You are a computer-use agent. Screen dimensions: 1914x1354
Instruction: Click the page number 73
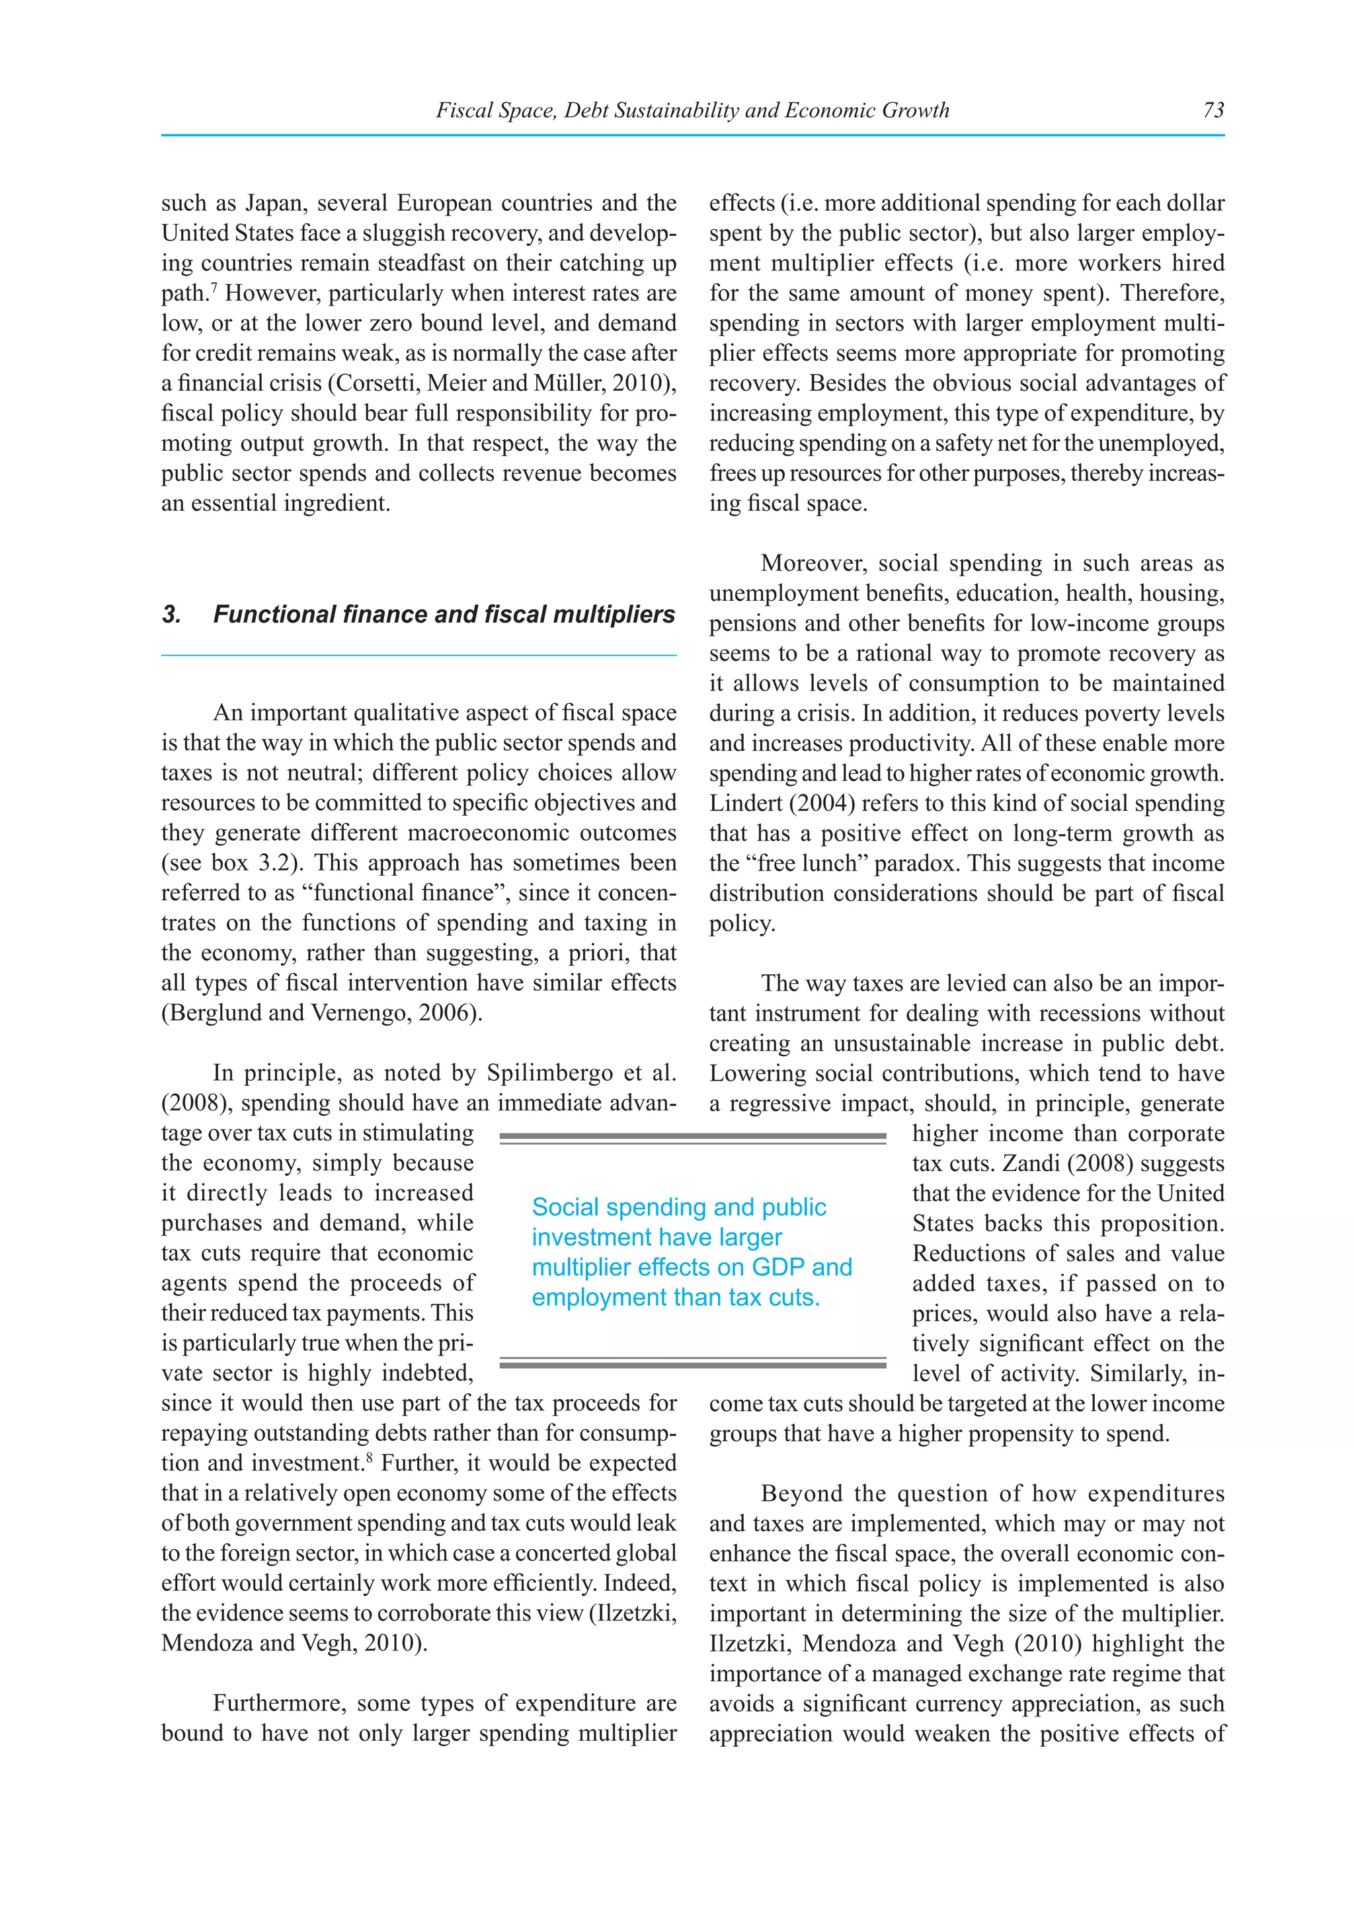coord(1213,110)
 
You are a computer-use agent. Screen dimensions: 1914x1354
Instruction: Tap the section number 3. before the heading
coord(172,615)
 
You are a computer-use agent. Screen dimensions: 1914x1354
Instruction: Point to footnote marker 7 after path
coord(214,287)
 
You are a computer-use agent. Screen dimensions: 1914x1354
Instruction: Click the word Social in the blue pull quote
coord(565,1207)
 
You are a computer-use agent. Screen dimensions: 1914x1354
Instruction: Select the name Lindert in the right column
coord(740,804)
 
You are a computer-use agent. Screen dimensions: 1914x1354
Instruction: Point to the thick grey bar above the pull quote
coord(692,1136)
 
